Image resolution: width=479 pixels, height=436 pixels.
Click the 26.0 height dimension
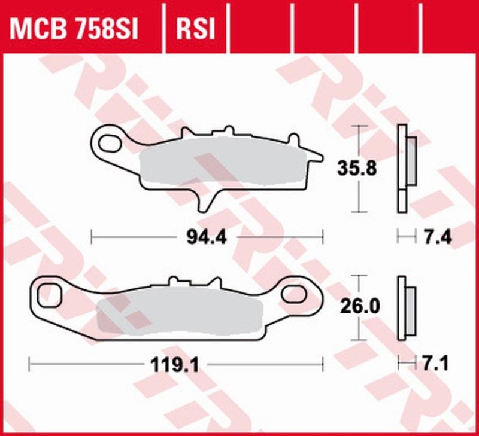(359, 307)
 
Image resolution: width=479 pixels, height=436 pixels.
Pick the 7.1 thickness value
(435, 362)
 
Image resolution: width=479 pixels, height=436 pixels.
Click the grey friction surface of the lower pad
(180, 315)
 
